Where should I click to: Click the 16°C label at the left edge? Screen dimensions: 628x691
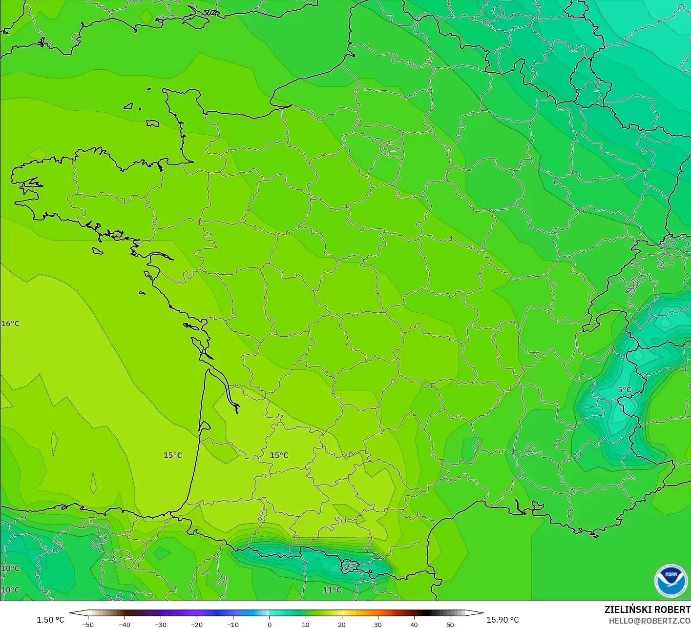(10, 324)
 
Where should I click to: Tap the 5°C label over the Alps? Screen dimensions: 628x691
(625, 389)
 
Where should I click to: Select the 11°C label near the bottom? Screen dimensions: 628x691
(332, 590)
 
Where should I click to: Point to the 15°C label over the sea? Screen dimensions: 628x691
(172, 455)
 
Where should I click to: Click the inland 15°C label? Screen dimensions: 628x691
(279, 455)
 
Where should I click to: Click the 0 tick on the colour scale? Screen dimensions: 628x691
(269, 624)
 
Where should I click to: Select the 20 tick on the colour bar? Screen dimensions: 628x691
(341, 624)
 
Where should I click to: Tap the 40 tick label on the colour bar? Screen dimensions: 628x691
(414, 624)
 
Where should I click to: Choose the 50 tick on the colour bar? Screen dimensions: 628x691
(450, 624)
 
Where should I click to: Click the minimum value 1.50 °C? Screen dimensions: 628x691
(50, 620)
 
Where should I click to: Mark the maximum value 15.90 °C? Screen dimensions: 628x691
(503, 620)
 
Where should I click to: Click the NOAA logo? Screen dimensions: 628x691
(670, 581)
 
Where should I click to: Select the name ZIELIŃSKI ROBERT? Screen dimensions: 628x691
(647, 609)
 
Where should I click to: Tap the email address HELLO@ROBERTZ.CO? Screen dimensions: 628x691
(649, 621)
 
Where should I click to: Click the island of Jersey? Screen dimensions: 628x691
(153, 123)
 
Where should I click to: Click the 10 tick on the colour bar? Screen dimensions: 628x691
(305, 624)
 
